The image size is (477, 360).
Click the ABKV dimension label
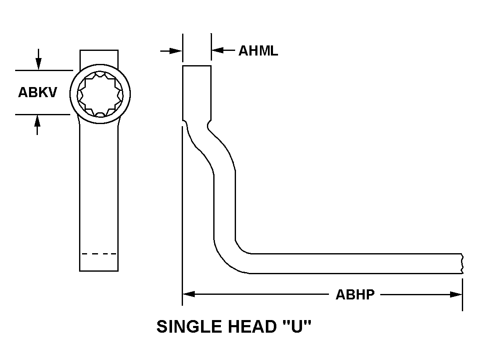37,93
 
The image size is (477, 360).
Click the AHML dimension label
258,51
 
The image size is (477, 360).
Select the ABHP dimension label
355,295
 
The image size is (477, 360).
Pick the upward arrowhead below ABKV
37,120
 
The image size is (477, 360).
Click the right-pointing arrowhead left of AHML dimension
176,51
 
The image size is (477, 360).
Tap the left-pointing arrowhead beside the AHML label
217,51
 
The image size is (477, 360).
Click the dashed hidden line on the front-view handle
99,254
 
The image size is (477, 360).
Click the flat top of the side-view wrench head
196,66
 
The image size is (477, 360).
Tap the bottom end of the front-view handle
99,270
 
